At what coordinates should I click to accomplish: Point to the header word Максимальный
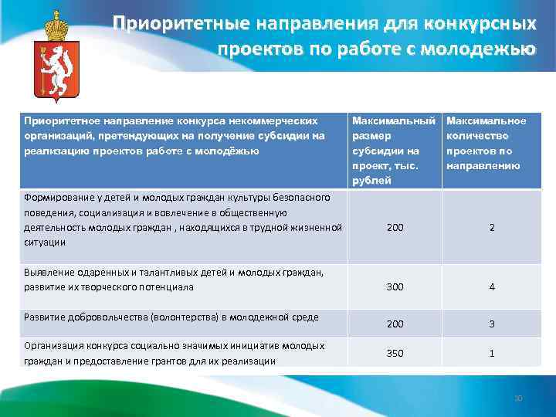(395, 121)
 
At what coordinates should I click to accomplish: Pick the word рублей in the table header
(370, 180)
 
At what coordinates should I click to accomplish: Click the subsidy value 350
(395, 353)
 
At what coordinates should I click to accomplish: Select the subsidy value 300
(395, 287)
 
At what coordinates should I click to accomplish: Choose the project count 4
(491, 287)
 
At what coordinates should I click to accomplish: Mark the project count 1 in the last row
(491, 353)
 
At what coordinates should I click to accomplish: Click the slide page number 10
(518, 398)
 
